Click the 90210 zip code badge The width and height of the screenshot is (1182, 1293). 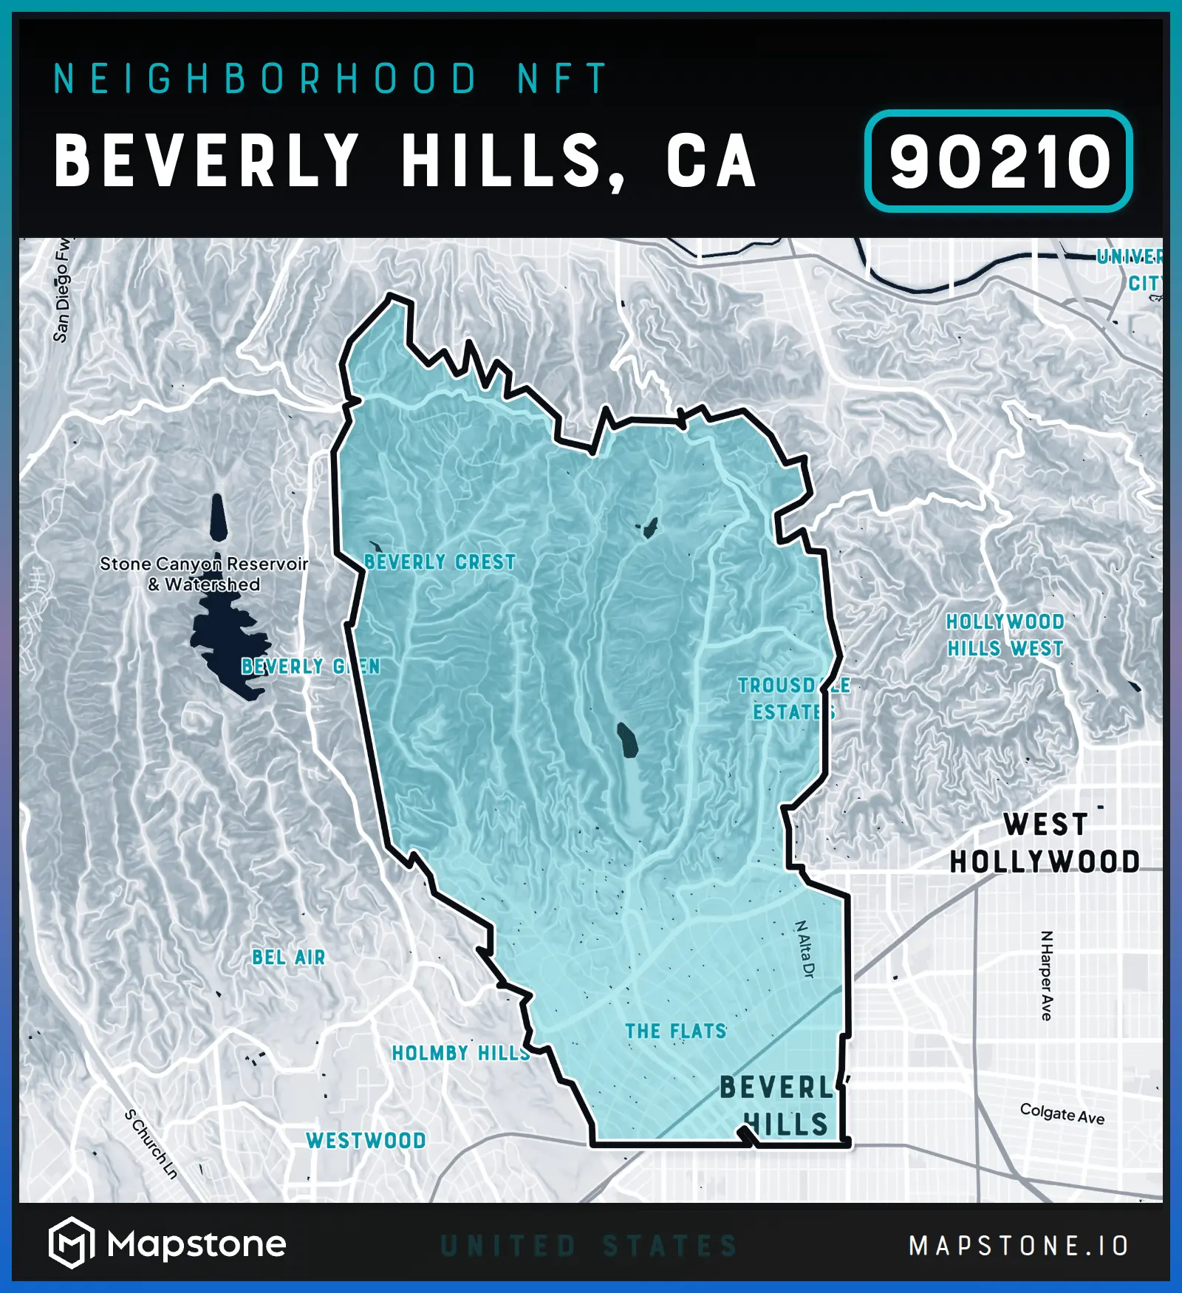click(x=998, y=162)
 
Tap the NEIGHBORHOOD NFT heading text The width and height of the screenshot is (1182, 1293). click(x=329, y=79)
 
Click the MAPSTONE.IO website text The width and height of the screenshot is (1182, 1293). click(x=1019, y=1246)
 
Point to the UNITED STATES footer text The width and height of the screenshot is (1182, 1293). click(x=589, y=1246)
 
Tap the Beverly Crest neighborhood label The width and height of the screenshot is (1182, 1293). click(x=440, y=562)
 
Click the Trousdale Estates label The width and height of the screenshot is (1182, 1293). click(x=793, y=699)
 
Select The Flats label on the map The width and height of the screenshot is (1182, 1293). click(x=676, y=1031)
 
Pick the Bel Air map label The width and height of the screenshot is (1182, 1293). click(x=288, y=958)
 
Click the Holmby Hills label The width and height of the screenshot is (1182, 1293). click(x=461, y=1053)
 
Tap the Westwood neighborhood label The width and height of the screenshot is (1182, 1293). click(x=366, y=1141)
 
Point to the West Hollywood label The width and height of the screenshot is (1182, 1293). click(x=1045, y=843)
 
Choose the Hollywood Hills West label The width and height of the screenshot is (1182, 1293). click(x=1005, y=635)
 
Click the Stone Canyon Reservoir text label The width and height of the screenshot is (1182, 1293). click(x=204, y=574)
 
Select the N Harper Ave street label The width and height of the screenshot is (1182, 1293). click(x=1046, y=975)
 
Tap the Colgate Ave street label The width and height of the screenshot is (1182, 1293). click(x=1062, y=1113)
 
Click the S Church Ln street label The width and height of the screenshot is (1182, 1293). click(x=151, y=1144)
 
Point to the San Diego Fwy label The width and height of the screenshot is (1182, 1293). click(x=62, y=290)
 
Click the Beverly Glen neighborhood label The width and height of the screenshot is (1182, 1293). click(x=310, y=666)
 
